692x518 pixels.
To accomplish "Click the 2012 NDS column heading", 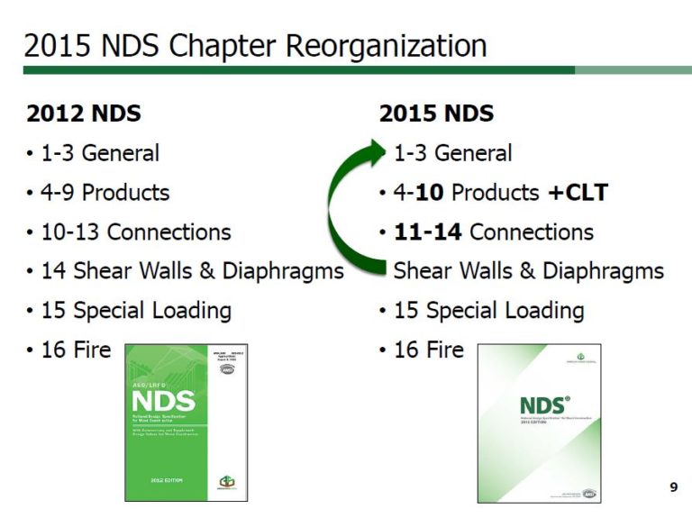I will tap(84, 114).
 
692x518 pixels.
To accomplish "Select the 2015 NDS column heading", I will tap(436, 114).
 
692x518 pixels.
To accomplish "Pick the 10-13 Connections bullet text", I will tap(136, 232).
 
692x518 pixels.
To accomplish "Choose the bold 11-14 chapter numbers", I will tap(428, 232).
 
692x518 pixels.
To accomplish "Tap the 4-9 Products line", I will tap(105, 193).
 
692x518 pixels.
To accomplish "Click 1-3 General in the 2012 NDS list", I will tap(100, 153).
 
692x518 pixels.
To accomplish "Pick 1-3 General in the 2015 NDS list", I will tap(452, 153).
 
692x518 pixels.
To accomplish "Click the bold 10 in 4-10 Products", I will tap(431, 193).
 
